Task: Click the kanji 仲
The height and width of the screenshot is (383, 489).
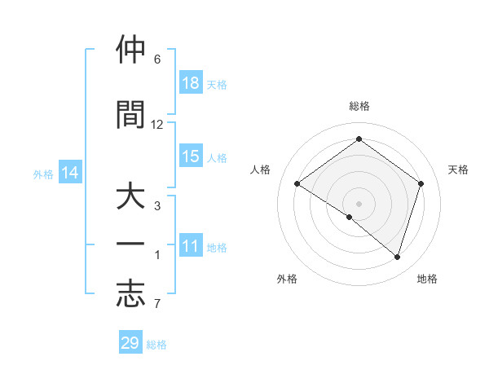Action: click(x=130, y=51)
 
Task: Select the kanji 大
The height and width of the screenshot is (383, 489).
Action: click(x=130, y=200)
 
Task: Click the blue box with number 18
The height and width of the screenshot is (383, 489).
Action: click(x=191, y=83)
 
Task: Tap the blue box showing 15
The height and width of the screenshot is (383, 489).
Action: click(x=191, y=156)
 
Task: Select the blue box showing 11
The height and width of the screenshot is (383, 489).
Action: click(x=191, y=246)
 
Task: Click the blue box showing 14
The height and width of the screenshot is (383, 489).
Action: click(x=70, y=173)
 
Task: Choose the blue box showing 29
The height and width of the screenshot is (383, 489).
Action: click(x=130, y=343)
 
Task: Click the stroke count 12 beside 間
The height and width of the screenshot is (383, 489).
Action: click(x=157, y=125)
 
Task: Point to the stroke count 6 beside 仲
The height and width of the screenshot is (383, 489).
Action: click(x=157, y=59)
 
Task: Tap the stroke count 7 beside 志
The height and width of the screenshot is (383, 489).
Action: click(x=157, y=304)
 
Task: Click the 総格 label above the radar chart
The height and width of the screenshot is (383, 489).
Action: click(x=359, y=106)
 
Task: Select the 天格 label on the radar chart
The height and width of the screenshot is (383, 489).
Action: click(x=458, y=169)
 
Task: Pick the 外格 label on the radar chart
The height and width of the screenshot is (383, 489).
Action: click(x=287, y=279)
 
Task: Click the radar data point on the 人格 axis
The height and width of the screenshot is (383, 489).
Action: click(x=297, y=184)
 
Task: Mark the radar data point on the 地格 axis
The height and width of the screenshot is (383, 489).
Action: click(x=397, y=257)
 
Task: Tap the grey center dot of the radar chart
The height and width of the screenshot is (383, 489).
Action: click(x=359, y=203)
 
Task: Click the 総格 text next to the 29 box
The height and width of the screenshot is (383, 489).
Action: click(x=156, y=345)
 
